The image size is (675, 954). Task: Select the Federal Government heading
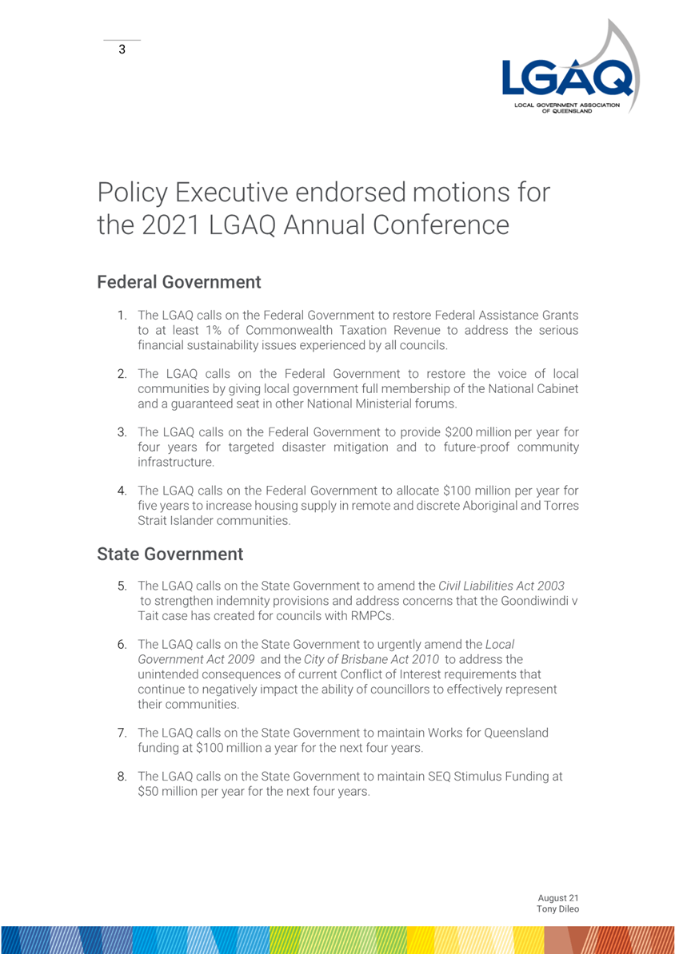coord(178,282)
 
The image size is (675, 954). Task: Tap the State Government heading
coord(170,553)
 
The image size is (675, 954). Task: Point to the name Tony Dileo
coord(557,911)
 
